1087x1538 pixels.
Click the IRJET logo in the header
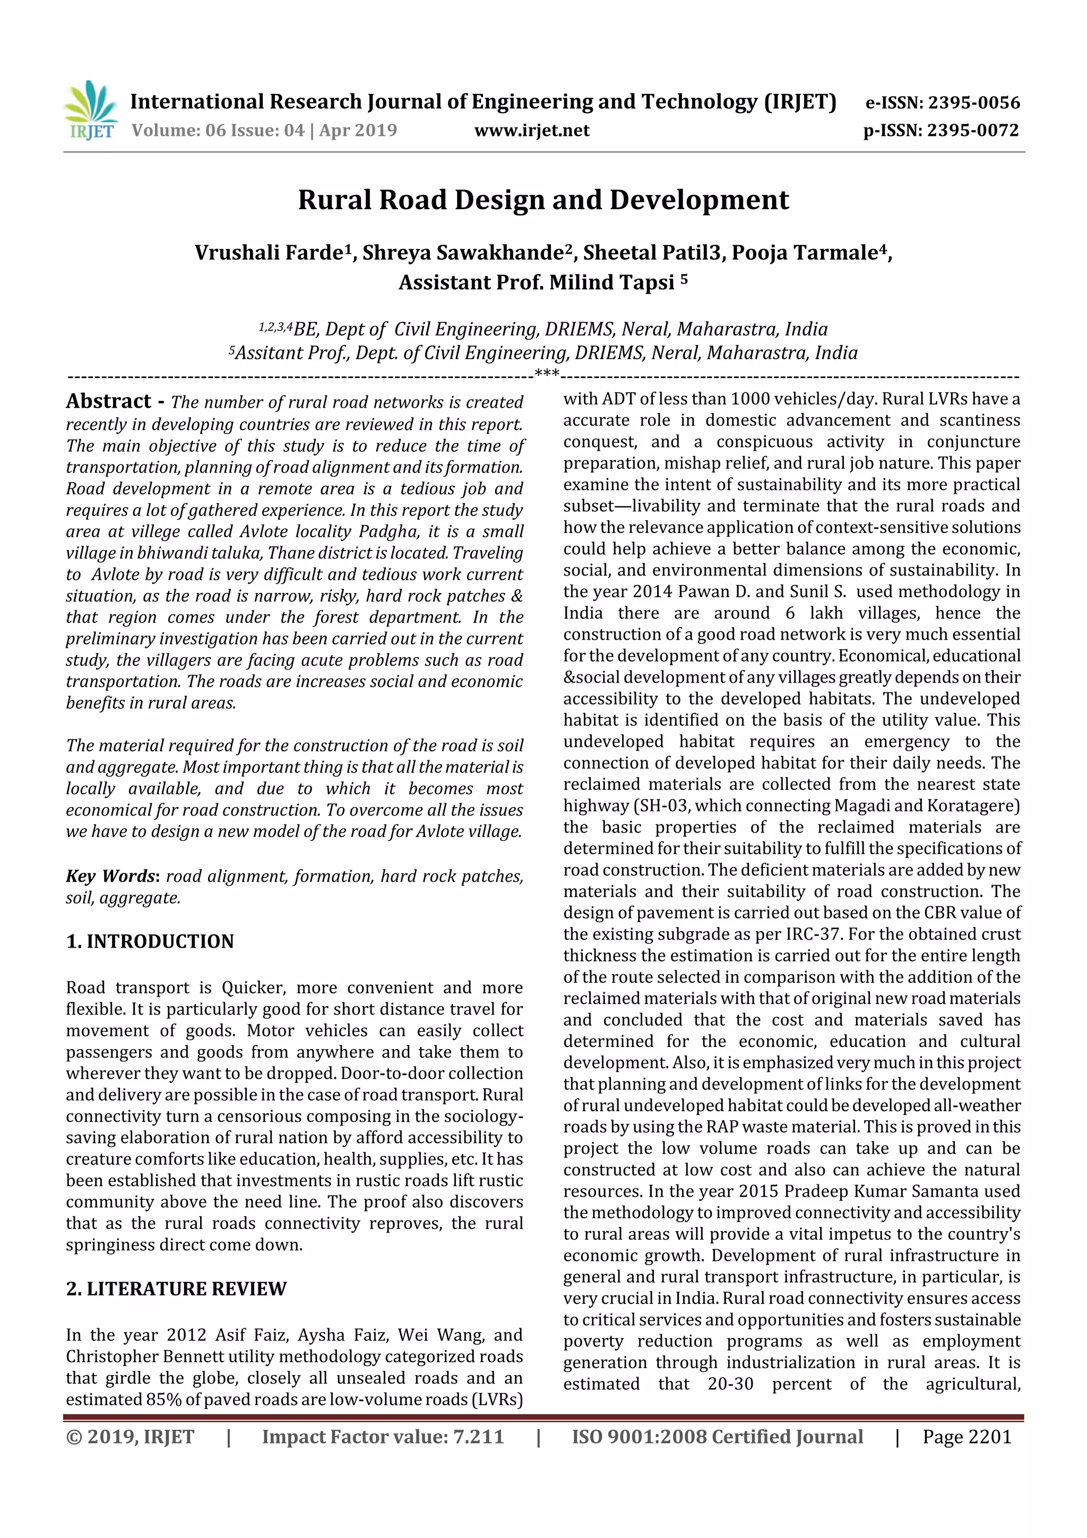coord(90,110)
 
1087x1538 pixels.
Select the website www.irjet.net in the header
coord(532,131)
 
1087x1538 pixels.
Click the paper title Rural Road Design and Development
coord(543,200)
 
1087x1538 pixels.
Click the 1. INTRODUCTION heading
coord(150,941)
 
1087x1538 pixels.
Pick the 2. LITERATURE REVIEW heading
coord(176,1289)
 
